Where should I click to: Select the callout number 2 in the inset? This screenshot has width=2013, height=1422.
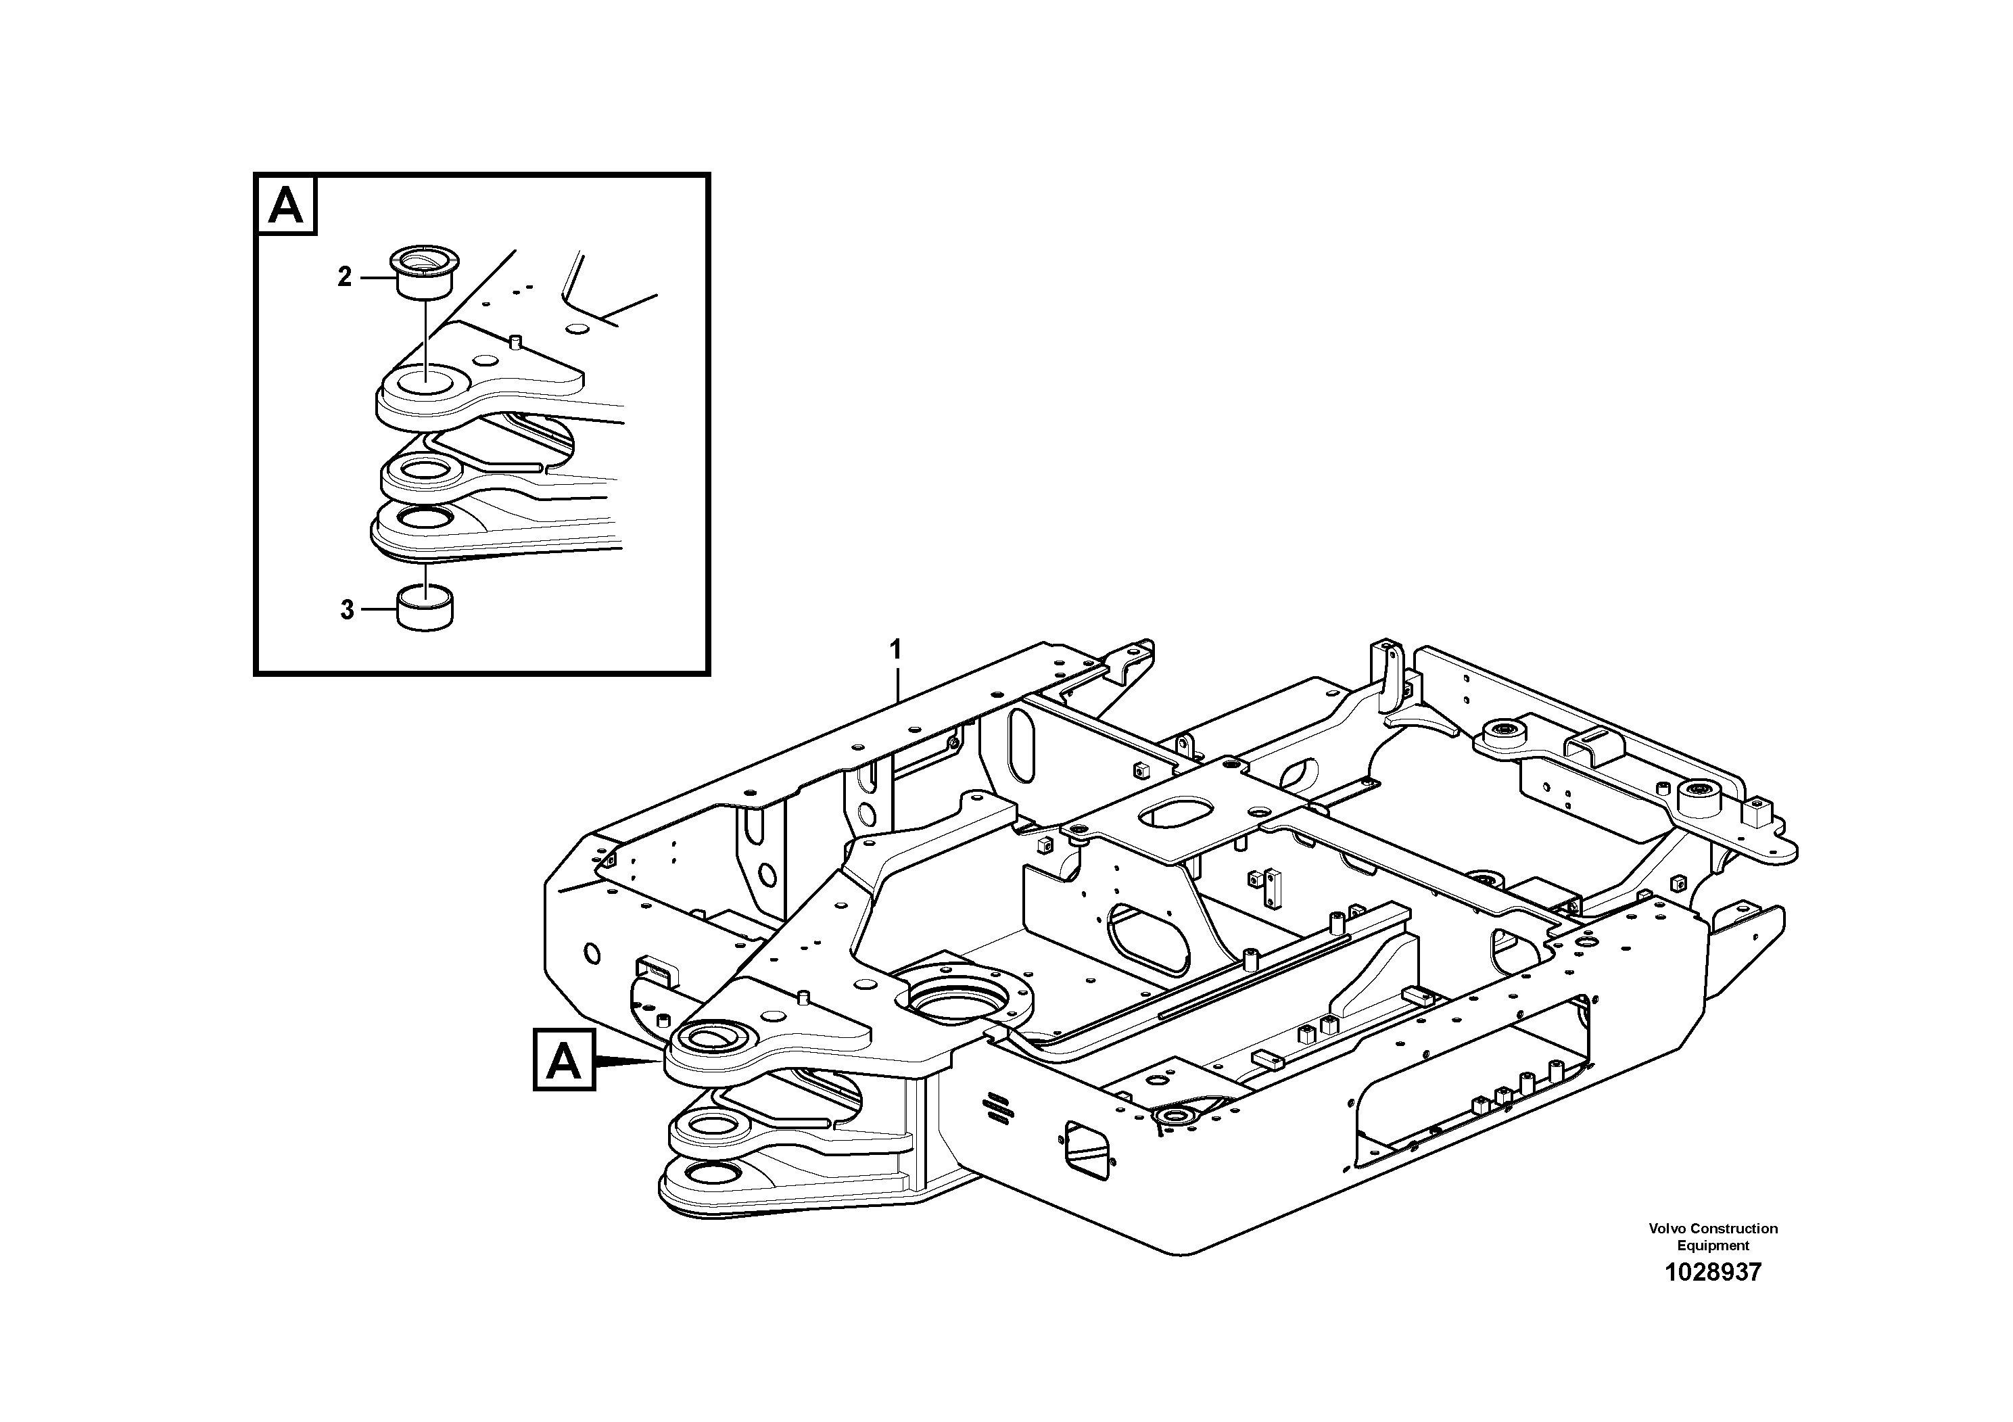tap(345, 277)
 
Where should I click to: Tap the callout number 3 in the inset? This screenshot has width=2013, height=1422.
tap(347, 609)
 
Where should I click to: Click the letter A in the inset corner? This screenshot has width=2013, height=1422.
tap(286, 206)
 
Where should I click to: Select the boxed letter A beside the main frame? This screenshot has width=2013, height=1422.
tap(564, 1061)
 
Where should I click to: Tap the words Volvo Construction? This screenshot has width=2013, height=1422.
tap(1712, 1228)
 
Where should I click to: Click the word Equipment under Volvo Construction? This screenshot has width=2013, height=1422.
tap(1712, 1245)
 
